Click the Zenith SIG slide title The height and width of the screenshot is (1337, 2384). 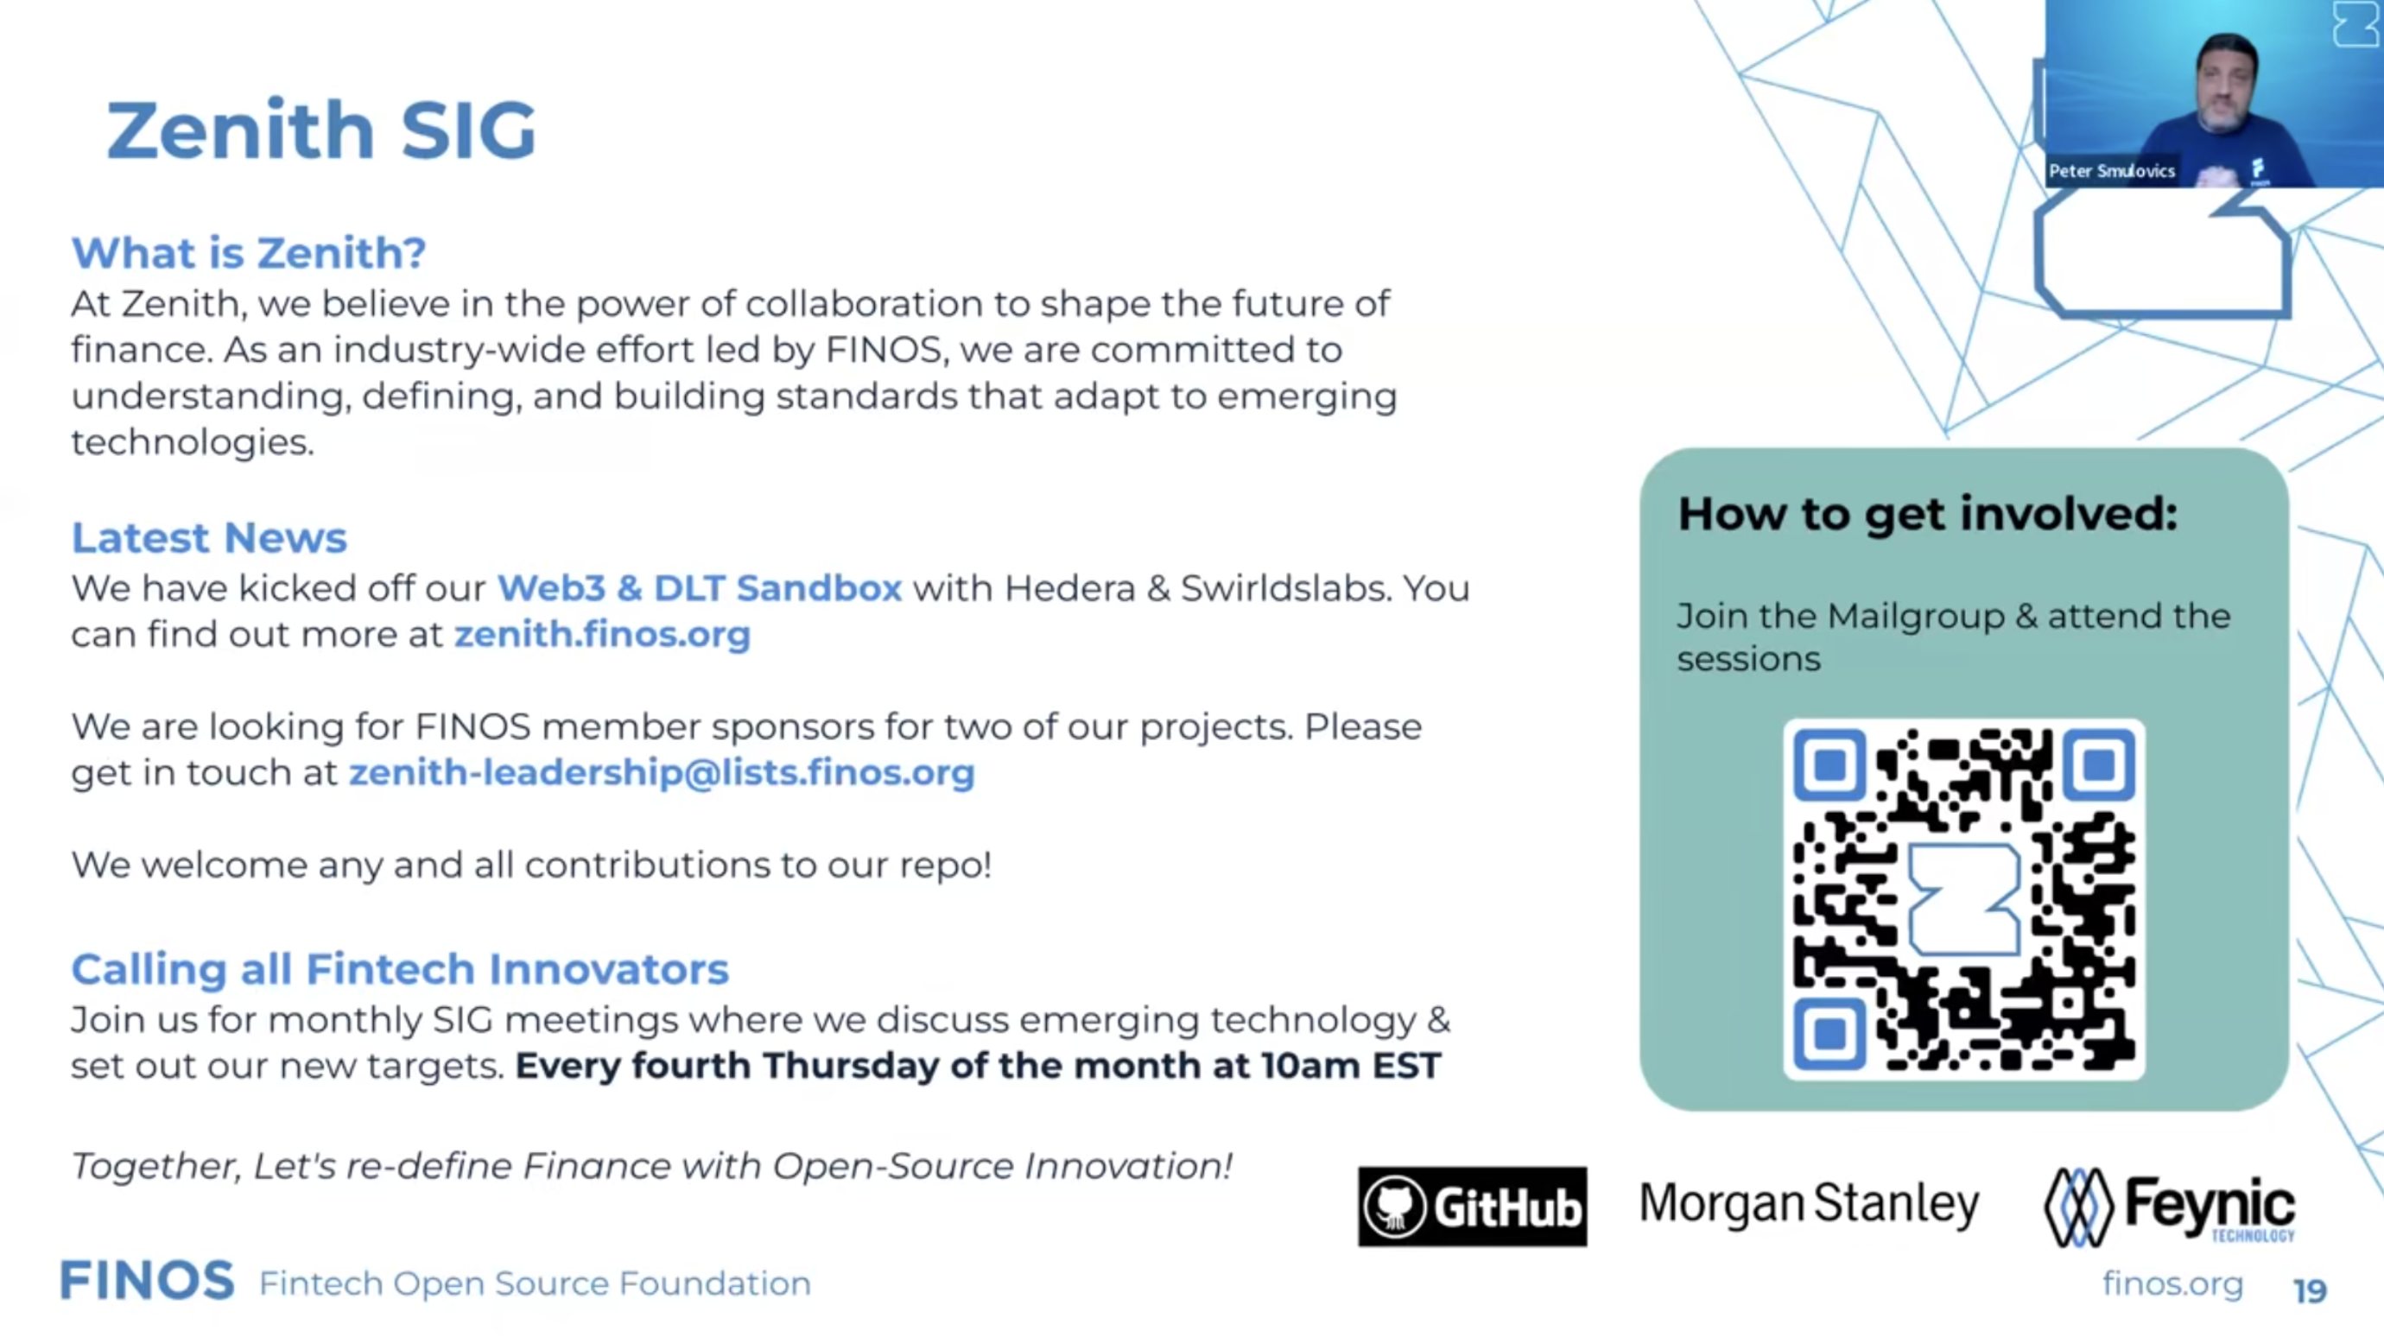(321, 130)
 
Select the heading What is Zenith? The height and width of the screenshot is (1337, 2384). (249, 252)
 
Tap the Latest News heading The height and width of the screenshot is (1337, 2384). (209, 537)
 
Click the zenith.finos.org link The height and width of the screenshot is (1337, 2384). (601, 635)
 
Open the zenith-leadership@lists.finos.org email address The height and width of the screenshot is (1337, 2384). (662, 773)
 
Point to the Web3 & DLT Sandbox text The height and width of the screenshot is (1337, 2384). (700, 588)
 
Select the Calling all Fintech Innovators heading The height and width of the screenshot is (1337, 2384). (400, 970)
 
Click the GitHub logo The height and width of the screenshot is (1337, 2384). (1473, 1207)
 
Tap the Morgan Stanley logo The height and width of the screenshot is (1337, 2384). (1810, 1204)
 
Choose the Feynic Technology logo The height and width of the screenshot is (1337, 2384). (2169, 1207)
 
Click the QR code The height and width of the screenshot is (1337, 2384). (1964, 899)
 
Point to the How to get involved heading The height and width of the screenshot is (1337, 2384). (1928, 514)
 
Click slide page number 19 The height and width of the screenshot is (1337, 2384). (2309, 1290)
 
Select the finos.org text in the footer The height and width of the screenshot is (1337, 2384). (2172, 1284)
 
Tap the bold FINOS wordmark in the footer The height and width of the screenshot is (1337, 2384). (147, 1281)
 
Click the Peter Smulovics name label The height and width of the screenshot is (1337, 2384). (2112, 171)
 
